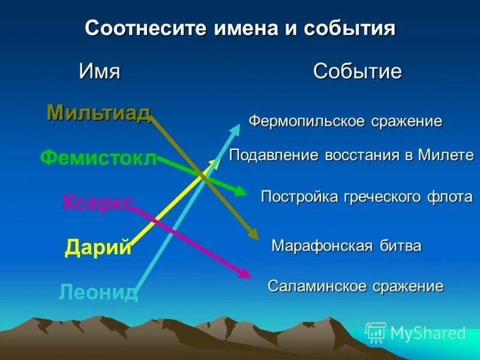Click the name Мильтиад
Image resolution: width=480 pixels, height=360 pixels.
[98, 112]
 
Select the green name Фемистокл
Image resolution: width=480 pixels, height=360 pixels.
[98, 158]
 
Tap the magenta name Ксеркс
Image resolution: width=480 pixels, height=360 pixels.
[98, 202]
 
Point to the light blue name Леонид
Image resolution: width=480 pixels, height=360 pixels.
[98, 292]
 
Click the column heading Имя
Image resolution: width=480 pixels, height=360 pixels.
[100, 72]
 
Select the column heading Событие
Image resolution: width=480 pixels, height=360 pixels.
[357, 72]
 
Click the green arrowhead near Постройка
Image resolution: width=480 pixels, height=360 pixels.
[241, 191]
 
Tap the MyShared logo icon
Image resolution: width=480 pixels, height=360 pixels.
[376, 332]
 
